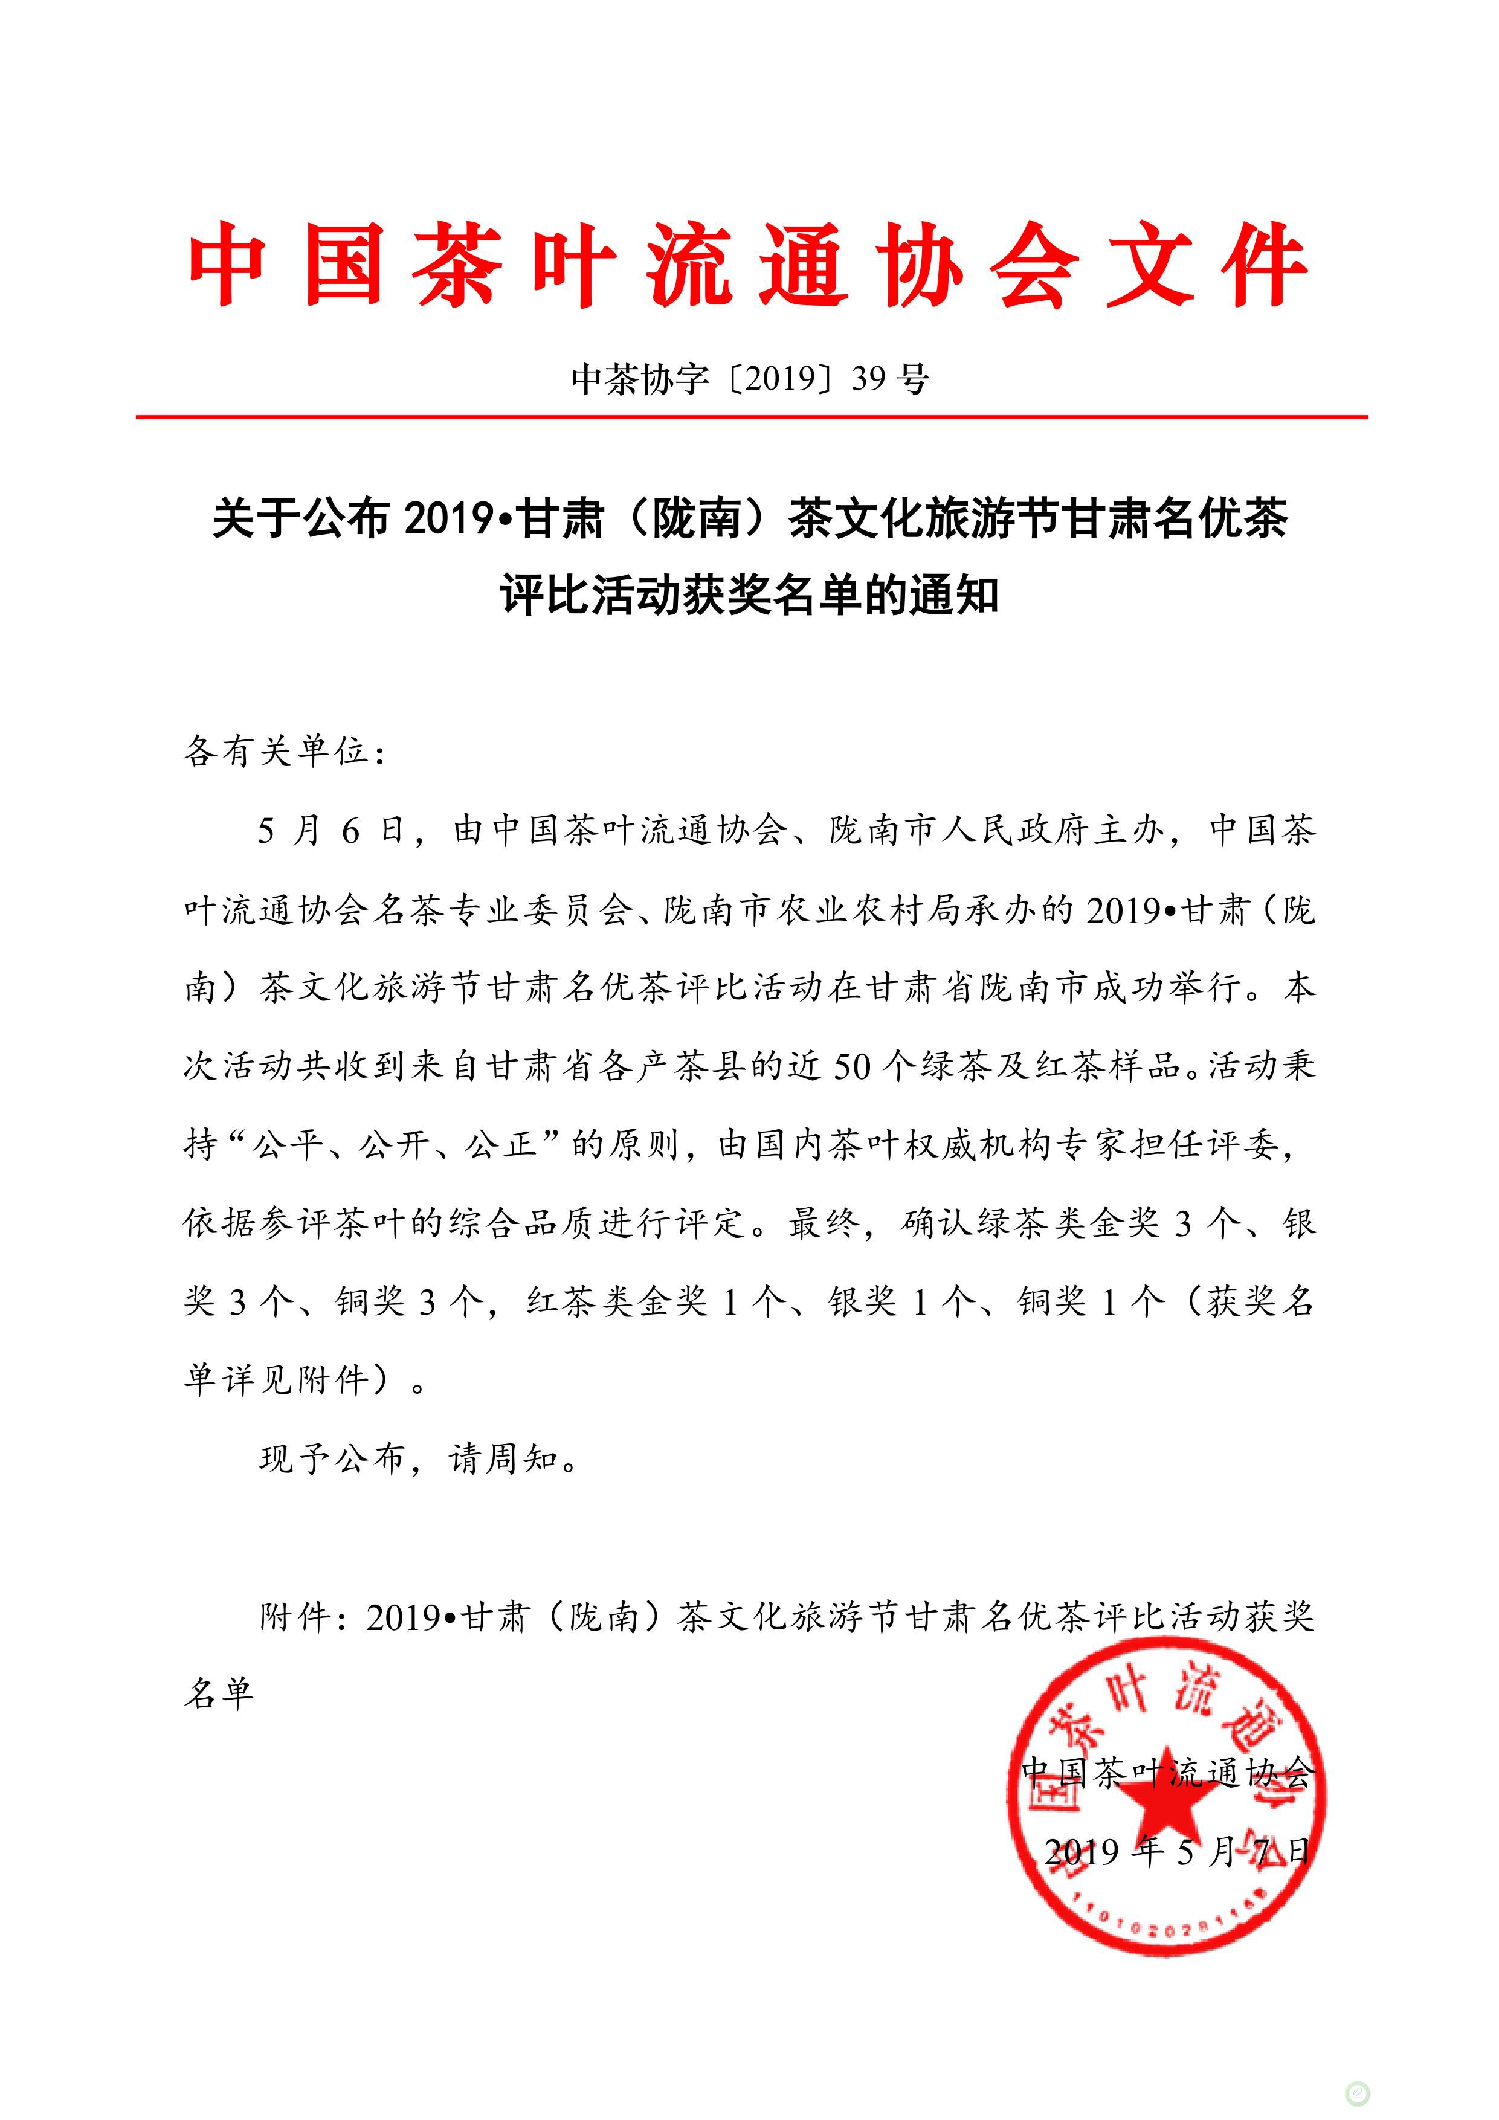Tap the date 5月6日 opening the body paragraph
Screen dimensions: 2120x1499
tap(330, 831)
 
